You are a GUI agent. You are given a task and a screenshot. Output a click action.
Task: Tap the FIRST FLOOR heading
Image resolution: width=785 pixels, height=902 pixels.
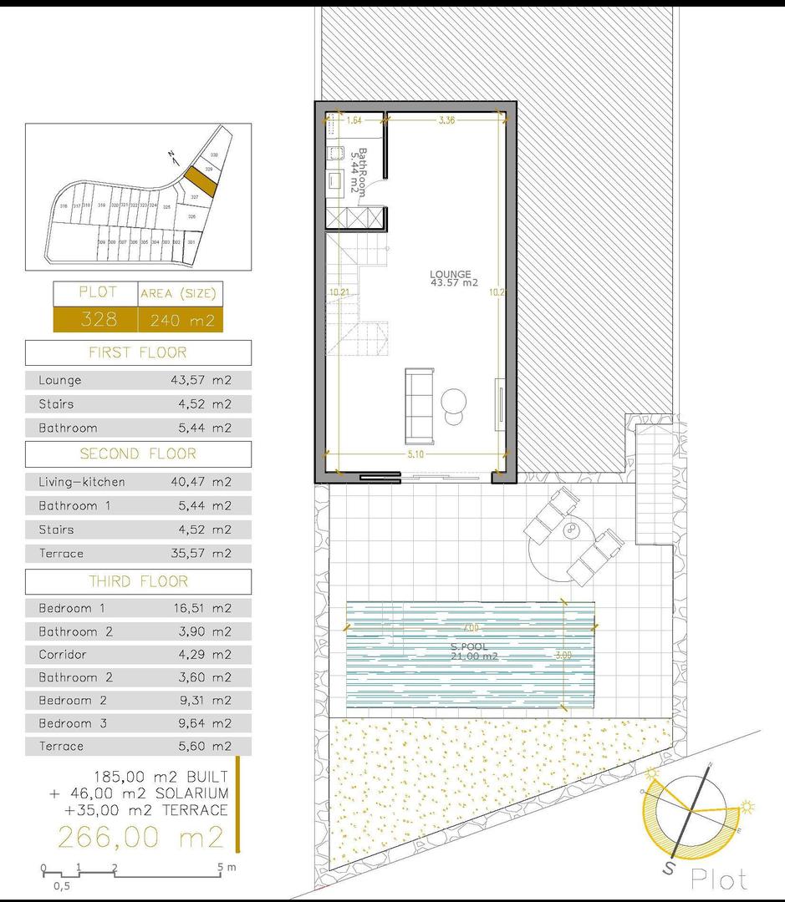click(138, 352)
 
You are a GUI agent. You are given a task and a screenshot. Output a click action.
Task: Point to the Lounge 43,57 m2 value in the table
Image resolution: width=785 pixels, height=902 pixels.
click(201, 380)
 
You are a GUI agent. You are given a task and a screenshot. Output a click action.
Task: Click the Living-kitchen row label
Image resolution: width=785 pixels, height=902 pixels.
click(82, 482)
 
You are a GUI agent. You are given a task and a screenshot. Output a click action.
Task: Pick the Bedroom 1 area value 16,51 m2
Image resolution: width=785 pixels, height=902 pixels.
click(201, 608)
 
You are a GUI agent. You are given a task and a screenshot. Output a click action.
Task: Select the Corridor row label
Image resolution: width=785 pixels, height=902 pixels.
click(63, 655)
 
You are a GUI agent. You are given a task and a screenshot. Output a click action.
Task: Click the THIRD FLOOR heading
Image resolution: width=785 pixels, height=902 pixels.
click(138, 581)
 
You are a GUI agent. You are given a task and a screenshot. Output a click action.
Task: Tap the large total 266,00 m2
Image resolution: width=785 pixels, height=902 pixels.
click(140, 836)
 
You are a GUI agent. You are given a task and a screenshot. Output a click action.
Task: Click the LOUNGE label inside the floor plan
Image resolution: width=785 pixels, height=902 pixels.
click(451, 274)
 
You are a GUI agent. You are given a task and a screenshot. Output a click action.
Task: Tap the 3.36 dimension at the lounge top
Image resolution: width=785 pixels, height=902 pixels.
click(446, 120)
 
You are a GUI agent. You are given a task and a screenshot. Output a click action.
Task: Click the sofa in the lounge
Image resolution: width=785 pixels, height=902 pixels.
click(417, 406)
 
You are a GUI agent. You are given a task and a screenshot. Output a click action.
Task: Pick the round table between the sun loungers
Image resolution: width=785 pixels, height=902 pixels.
click(572, 532)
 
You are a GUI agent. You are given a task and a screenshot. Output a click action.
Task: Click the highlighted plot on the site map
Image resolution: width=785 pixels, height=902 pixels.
click(200, 180)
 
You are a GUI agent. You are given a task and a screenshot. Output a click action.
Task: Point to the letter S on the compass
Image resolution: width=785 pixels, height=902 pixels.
click(670, 869)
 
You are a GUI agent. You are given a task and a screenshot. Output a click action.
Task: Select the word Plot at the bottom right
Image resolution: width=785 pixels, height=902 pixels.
click(719, 879)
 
